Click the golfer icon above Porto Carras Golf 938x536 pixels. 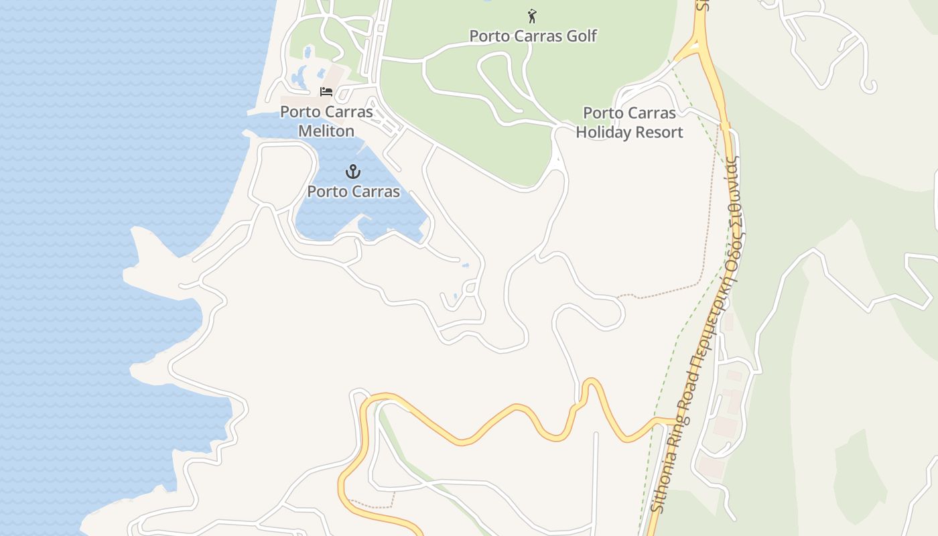coord(532,15)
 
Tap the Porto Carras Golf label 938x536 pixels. coord(533,36)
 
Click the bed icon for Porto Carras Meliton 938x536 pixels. coord(326,92)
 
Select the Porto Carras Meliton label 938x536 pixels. coord(326,121)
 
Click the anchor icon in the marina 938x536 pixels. coord(353,172)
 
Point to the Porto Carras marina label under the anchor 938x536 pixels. coord(353,192)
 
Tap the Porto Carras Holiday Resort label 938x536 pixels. coord(629,123)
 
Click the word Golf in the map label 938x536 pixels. coord(582,36)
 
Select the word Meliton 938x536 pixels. coord(326,131)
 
